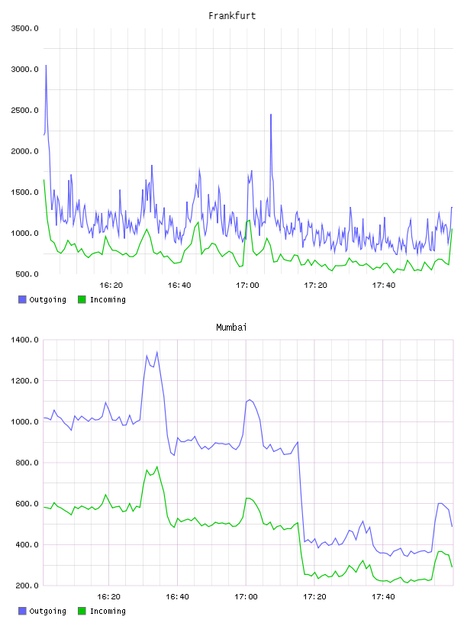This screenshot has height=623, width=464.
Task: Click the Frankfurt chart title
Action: tap(232, 15)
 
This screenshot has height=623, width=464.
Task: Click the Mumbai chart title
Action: tap(231, 327)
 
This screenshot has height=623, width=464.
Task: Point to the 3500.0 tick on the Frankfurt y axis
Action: tap(24, 28)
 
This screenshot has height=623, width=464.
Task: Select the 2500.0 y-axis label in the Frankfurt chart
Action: tap(24, 110)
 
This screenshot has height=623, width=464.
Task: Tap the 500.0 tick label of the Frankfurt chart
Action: tap(27, 274)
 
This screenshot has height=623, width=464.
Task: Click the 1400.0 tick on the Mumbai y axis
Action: tap(24, 340)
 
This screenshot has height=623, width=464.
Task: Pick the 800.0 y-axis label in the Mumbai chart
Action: tap(27, 463)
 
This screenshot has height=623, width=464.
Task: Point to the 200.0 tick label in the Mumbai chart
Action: tap(27, 586)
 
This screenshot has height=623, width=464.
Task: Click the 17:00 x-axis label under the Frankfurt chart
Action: tap(247, 286)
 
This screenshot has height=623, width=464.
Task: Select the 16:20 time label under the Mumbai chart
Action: tap(108, 597)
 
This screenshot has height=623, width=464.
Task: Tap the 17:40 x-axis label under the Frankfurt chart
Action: tap(384, 286)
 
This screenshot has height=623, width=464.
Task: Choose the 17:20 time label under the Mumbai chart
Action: tap(314, 597)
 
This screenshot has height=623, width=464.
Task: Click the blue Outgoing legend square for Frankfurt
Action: tap(22, 299)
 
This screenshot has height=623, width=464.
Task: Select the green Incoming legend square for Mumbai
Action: tap(82, 611)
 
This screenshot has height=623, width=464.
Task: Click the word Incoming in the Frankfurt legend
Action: tap(108, 299)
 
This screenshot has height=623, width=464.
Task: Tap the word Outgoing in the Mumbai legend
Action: tap(47, 611)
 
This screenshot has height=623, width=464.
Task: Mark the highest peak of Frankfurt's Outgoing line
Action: tap(46, 65)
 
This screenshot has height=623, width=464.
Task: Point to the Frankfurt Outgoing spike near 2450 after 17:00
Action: tap(271, 115)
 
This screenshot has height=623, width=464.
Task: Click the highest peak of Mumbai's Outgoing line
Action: tap(157, 352)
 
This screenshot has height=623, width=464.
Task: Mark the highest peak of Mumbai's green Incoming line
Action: tap(157, 466)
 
